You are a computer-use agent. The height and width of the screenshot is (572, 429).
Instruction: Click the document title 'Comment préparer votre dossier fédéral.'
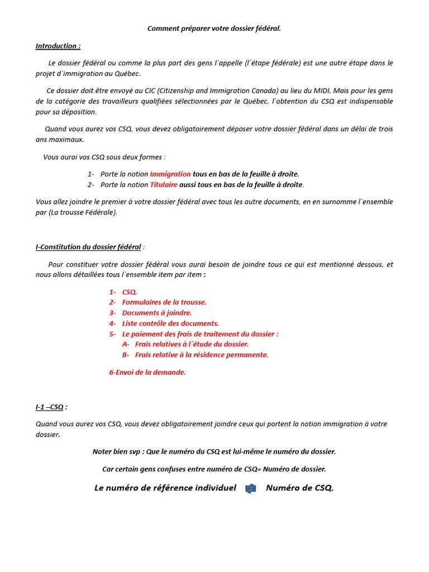coord(214,28)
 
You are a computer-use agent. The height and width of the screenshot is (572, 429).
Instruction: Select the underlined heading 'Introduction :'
coord(58,46)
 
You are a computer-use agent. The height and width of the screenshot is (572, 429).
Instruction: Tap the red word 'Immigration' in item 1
coord(170,174)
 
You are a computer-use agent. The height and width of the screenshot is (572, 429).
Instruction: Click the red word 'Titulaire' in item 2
coord(164,184)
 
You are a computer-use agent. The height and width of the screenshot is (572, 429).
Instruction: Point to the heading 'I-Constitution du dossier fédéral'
coord(88,247)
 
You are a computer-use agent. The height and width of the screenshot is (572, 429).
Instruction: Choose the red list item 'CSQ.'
coord(130,292)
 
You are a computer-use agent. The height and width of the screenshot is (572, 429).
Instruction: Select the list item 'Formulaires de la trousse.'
coord(164,302)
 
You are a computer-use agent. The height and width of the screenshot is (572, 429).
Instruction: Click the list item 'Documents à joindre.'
coord(157,313)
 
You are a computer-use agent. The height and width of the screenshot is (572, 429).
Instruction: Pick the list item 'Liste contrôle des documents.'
coord(170,323)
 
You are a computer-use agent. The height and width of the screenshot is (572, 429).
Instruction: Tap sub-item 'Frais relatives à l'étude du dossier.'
coord(192,344)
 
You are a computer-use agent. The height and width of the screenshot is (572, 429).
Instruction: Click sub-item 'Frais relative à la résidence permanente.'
coord(202,355)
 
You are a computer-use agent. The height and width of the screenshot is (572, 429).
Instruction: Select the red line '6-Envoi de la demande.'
coord(147,372)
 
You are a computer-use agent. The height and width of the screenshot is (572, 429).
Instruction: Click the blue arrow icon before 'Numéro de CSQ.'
coord(251,489)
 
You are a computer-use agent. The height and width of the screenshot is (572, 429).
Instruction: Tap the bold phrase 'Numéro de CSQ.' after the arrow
coord(299,488)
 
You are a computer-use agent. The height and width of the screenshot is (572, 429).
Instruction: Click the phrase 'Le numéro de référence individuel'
coord(165,488)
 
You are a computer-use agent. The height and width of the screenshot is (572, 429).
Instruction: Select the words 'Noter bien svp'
coord(117,451)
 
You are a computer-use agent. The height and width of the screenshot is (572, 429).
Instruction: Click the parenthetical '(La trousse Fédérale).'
coord(83,212)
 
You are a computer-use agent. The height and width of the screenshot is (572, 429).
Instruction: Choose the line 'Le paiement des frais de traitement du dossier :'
coord(200,334)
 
